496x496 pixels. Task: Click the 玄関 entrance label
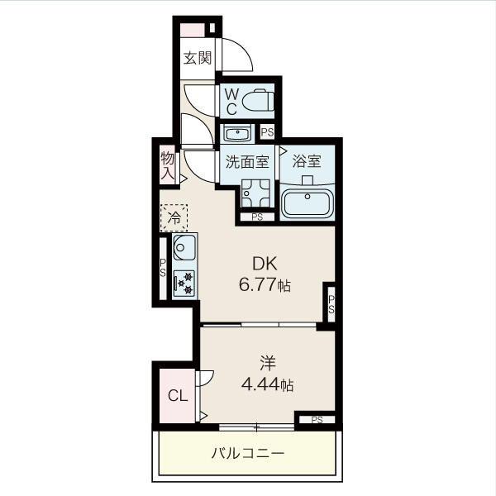pyautogui.click(x=198, y=58)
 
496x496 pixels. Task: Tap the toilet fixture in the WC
pyautogui.click(x=257, y=100)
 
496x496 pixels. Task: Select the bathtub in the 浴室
pyautogui.click(x=308, y=203)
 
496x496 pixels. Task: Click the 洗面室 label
pyautogui.click(x=247, y=162)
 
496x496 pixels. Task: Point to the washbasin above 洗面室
pyautogui.click(x=236, y=133)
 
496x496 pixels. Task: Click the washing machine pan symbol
pyautogui.click(x=255, y=193)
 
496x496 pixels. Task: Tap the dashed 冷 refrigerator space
pyautogui.click(x=174, y=217)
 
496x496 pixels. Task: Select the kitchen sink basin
pyautogui.click(x=184, y=247)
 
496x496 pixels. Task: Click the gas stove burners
pyautogui.click(x=184, y=283)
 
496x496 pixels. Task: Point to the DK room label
pyautogui.click(x=265, y=263)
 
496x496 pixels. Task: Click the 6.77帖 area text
pyautogui.click(x=265, y=285)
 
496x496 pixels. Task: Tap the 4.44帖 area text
pyautogui.click(x=267, y=385)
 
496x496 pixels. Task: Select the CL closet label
pyautogui.click(x=178, y=395)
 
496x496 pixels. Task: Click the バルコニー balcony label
pyautogui.click(x=248, y=454)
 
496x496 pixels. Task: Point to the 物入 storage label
pyautogui.click(x=167, y=165)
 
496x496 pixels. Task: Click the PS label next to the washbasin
pyautogui.click(x=267, y=132)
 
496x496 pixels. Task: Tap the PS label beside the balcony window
pyautogui.click(x=317, y=420)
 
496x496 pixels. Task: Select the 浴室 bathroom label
pyautogui.click(x=307, y=161)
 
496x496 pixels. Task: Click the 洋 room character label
pyautogui.click(x=268, y=363)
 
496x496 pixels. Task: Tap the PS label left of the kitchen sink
pyautogui.click(x=163, y=268)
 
